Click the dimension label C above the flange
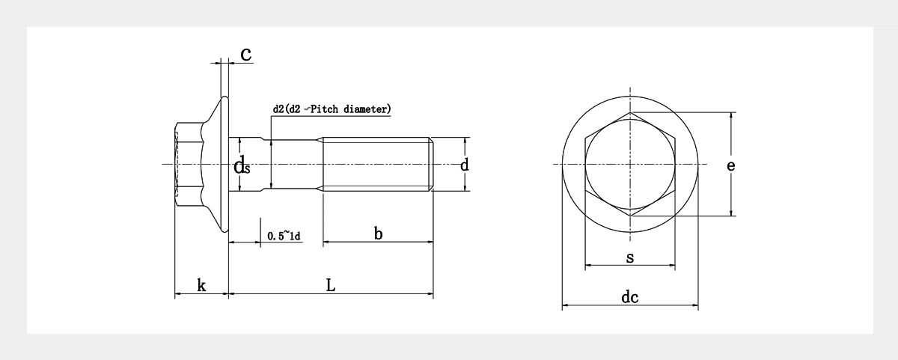[x=245, y=54]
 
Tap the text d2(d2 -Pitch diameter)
[x=332, y=109]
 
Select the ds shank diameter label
[x=241, y=166]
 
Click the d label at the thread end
[x=464, y=165]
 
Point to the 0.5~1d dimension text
[x=284, y=237]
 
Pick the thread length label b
[x=378, y=234]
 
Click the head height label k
[x=201, y=285]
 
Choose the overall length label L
[x=330, y=285]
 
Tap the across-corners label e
[x=730, y=165]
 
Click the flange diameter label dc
[x=629, y=298]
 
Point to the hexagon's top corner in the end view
[x=630, y=113]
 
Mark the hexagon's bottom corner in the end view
[x=630, y=216]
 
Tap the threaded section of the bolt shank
[x=374, y=164]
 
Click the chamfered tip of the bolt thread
[x=430, y=164]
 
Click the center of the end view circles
[x=630, y=164]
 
